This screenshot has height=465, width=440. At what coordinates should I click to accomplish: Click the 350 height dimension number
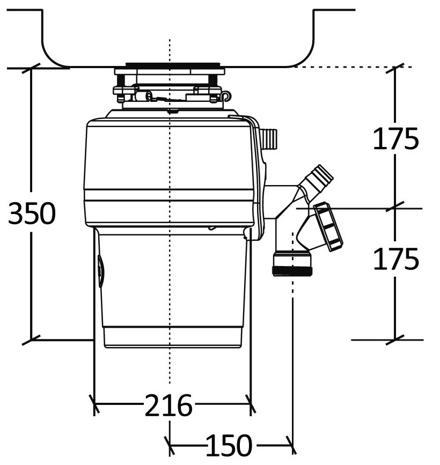[x=32, y=213]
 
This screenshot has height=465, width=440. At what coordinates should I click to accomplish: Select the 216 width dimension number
[x=168, y=405]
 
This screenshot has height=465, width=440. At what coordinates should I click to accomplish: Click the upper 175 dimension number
[x=395, y=138]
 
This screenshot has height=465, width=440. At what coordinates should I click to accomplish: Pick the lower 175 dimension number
[x=396, y=259]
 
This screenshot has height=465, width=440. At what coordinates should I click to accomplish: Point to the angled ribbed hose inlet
[x=318, y=180]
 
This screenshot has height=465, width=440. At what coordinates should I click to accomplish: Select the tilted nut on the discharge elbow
[x=328, y=227]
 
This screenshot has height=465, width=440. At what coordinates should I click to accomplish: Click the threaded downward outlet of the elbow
[x=292, y=263]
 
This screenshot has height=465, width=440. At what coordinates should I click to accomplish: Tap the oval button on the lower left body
[x=101, y=271]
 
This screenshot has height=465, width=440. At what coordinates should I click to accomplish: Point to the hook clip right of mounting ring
[x=226, y=95]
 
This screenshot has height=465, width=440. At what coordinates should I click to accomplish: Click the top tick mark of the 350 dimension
[x=31, y=68]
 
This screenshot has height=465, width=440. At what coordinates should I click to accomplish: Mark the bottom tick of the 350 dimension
[x=31, y=340]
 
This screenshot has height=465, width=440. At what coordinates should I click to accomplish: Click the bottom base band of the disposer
[x=173, y=337]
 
